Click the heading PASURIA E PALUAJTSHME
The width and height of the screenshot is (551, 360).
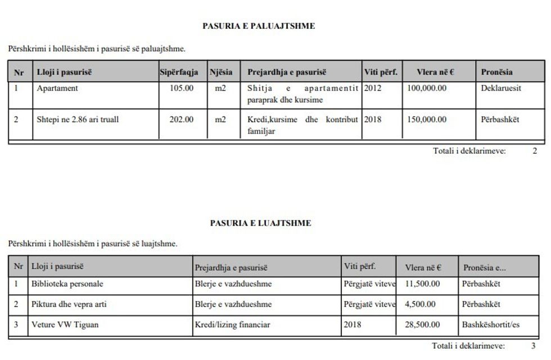[x=259, y=26]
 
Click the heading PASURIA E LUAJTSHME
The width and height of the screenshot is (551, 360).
[x=260, y=223]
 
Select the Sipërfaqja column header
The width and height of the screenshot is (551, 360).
[x=179, y=72]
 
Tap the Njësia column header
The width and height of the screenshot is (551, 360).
[x=221, y=72]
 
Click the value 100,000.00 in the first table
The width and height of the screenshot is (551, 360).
[x=426, y=88]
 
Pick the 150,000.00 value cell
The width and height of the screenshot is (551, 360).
[x=426, y=119]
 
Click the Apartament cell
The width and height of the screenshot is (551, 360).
[x=57, y=88]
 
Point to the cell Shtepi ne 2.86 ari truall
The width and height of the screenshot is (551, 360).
[x=78, y=119]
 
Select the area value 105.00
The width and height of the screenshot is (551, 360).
[x=181, y=88]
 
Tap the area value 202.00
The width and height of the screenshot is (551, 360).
[x=181, y=119]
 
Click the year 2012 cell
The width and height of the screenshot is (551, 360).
[x=372, y=88]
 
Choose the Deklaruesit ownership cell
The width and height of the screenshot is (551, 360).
[x=501, y=88]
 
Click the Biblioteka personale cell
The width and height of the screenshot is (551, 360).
[x=67, y=284]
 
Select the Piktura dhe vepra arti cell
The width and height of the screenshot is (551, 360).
[x=69, y=304]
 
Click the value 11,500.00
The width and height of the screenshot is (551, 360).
[x=422, y=284]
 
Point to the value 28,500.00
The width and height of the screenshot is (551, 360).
[x=422, y=325]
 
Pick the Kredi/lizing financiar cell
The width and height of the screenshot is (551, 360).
[x=232, y=325]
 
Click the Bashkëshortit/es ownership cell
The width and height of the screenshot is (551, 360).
[x=491, y=325]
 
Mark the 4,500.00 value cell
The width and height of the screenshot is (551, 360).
[x=420, y=304]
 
